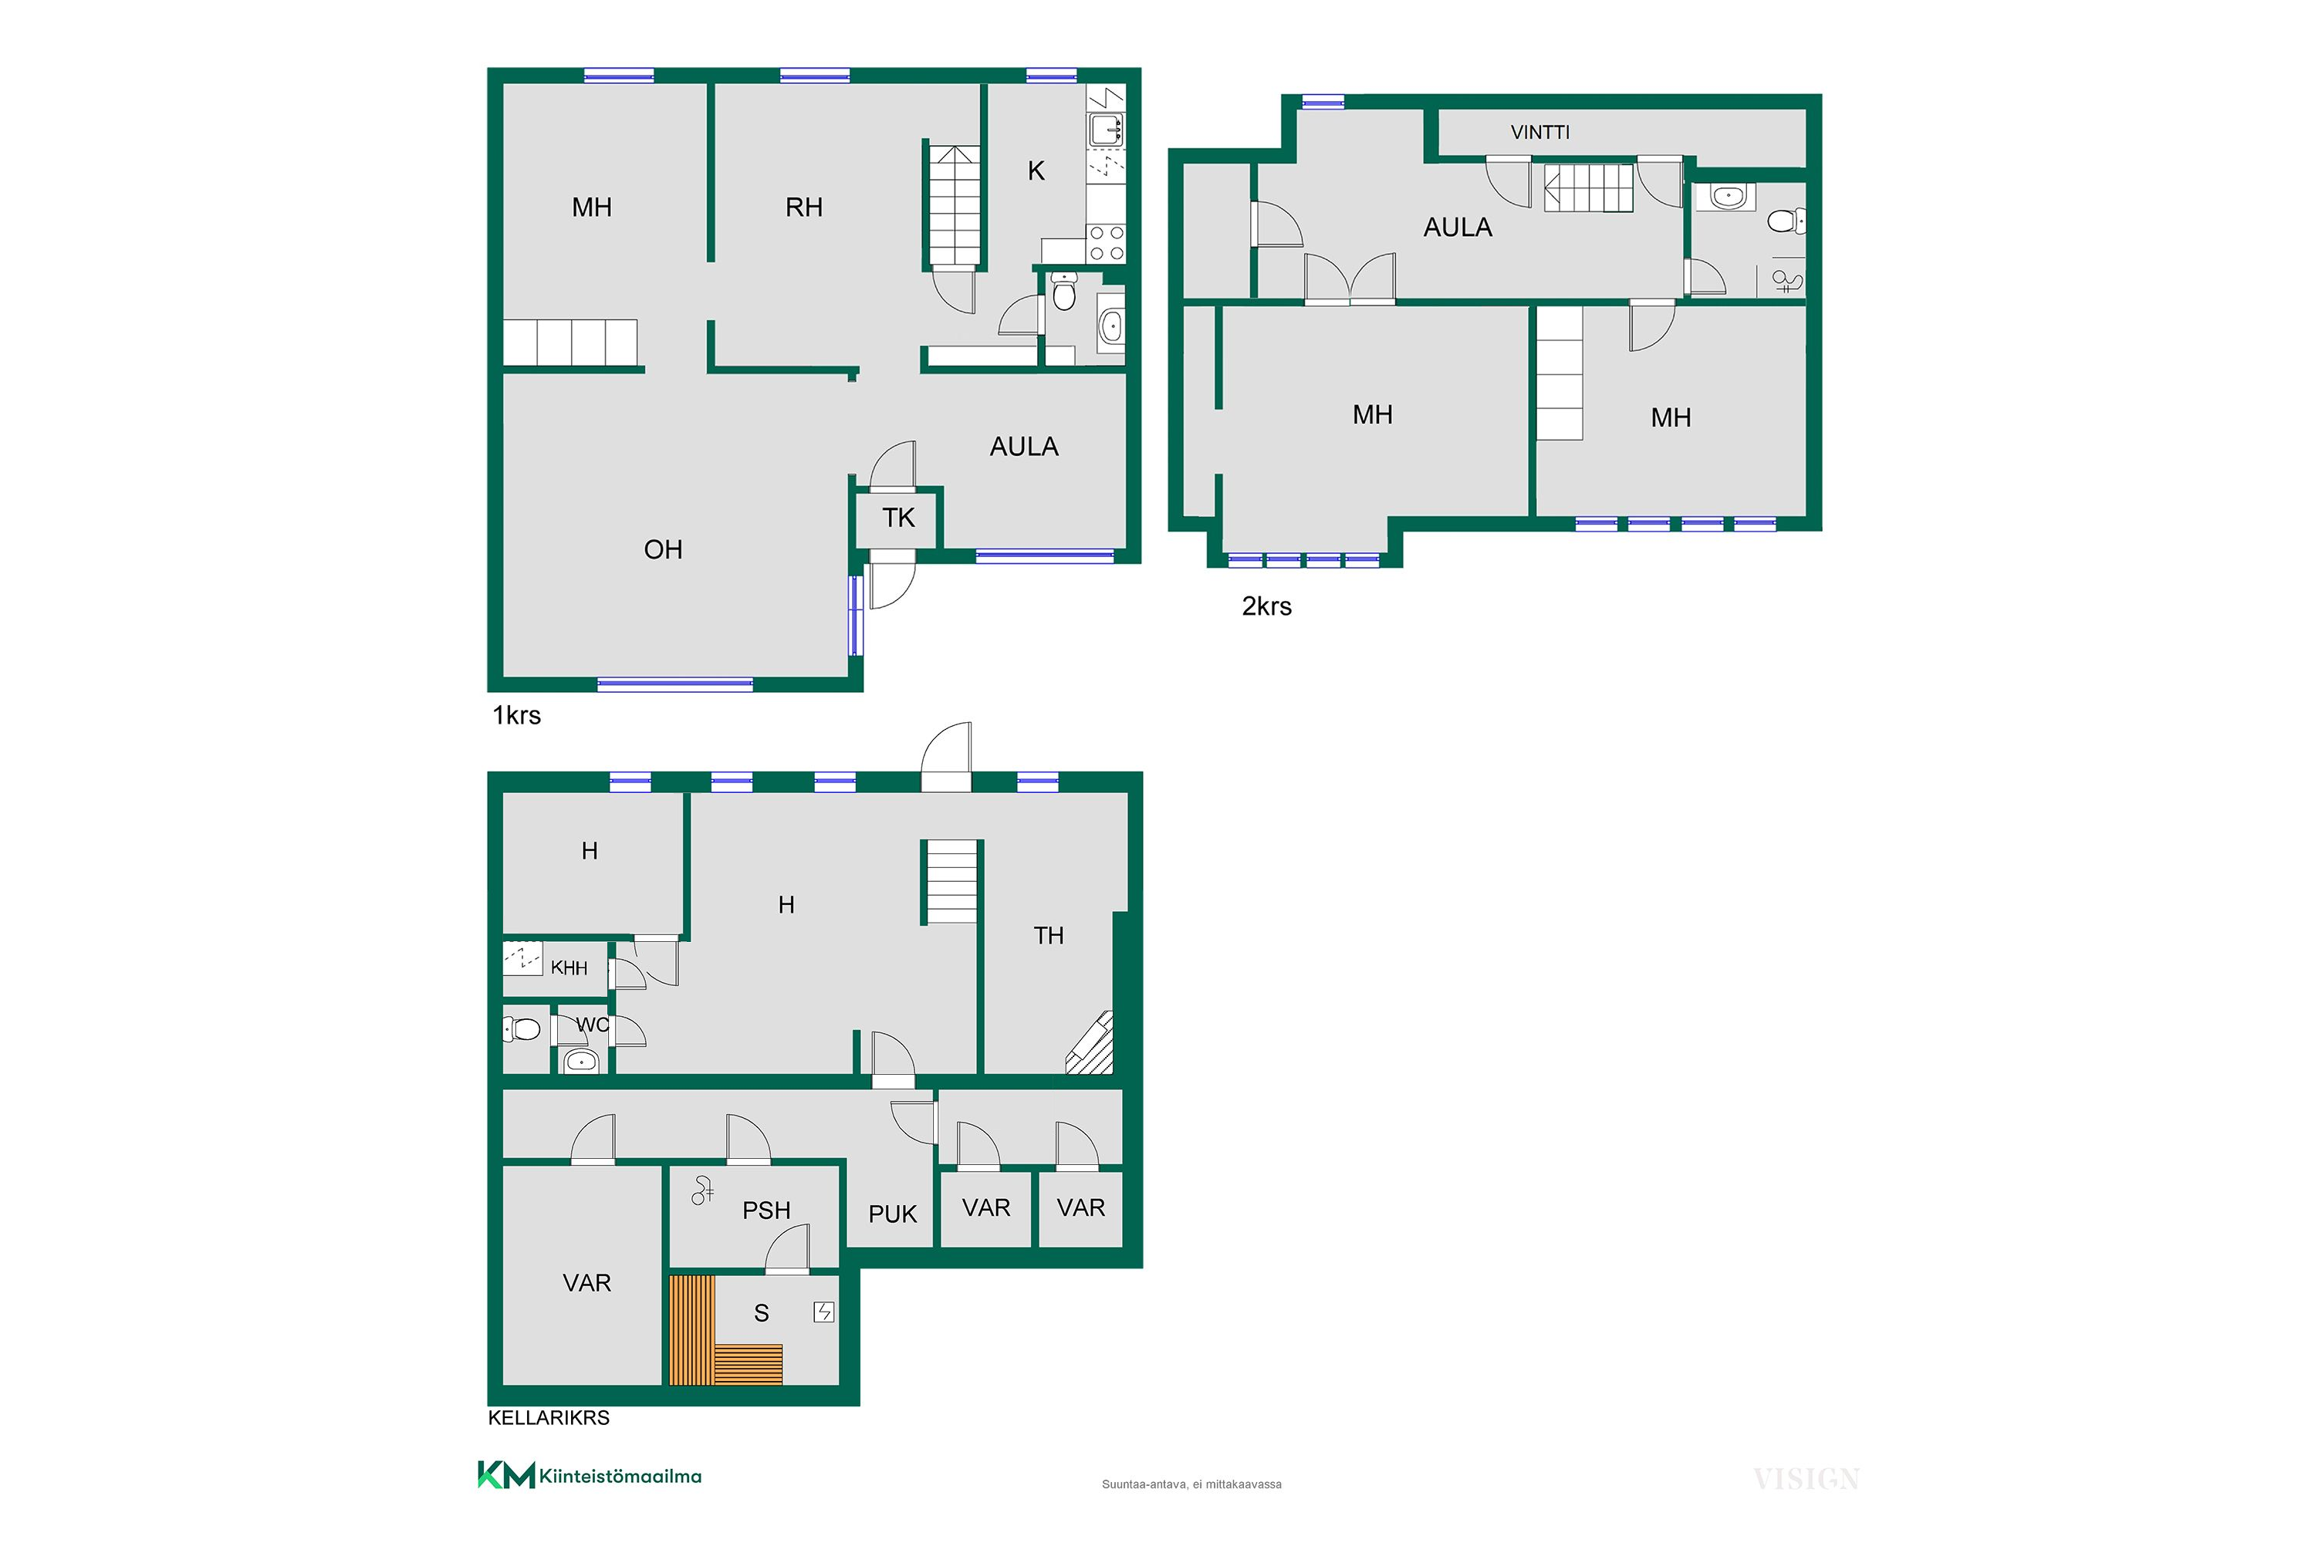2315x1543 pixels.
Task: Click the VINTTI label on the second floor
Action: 1539,132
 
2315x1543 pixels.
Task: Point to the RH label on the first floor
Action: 803,208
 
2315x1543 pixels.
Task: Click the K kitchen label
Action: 1036,171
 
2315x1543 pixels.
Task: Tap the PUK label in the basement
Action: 892,1214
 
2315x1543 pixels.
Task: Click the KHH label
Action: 569,968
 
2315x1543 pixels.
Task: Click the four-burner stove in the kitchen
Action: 1107,243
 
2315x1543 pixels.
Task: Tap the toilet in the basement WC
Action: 522,1029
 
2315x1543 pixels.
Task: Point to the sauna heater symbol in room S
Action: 824,1312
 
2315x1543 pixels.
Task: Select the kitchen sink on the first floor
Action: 1107,129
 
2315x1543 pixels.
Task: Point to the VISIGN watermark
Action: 1806,1479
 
